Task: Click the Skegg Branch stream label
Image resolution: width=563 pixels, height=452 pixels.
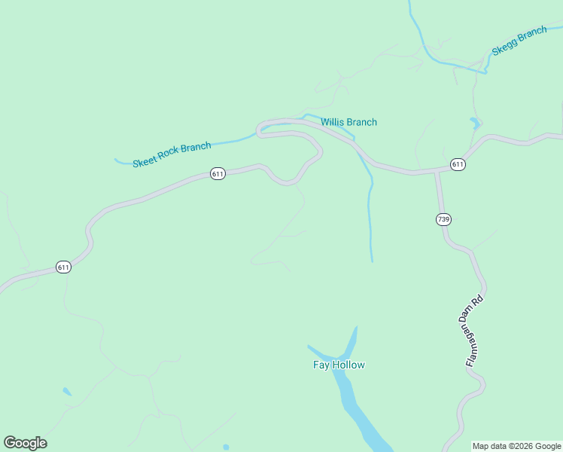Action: [x=519, y=41]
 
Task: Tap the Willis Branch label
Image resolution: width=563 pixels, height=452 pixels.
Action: [x=348, y=122]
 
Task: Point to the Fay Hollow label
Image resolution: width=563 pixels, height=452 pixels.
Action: [x=339, y=365]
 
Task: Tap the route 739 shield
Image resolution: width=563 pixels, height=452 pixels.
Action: [x=443, y=219]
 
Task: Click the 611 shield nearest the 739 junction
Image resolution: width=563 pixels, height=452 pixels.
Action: [x=458, y=164]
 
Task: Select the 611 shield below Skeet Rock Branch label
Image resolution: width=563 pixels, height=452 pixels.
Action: [x=218, y=174]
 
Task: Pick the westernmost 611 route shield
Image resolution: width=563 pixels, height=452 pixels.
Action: [x=63, y=267]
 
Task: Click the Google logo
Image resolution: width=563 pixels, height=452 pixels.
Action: [x=26, y=443]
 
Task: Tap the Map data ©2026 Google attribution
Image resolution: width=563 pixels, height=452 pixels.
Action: [x=516, y=447]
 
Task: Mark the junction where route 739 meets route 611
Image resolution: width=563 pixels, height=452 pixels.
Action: [x=437, y=173]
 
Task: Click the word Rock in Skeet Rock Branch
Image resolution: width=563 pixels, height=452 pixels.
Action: [x=172, y=154]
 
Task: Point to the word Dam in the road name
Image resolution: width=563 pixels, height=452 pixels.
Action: [x=473, y=319]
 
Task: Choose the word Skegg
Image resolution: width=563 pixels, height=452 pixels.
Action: [x=504, y=48]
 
